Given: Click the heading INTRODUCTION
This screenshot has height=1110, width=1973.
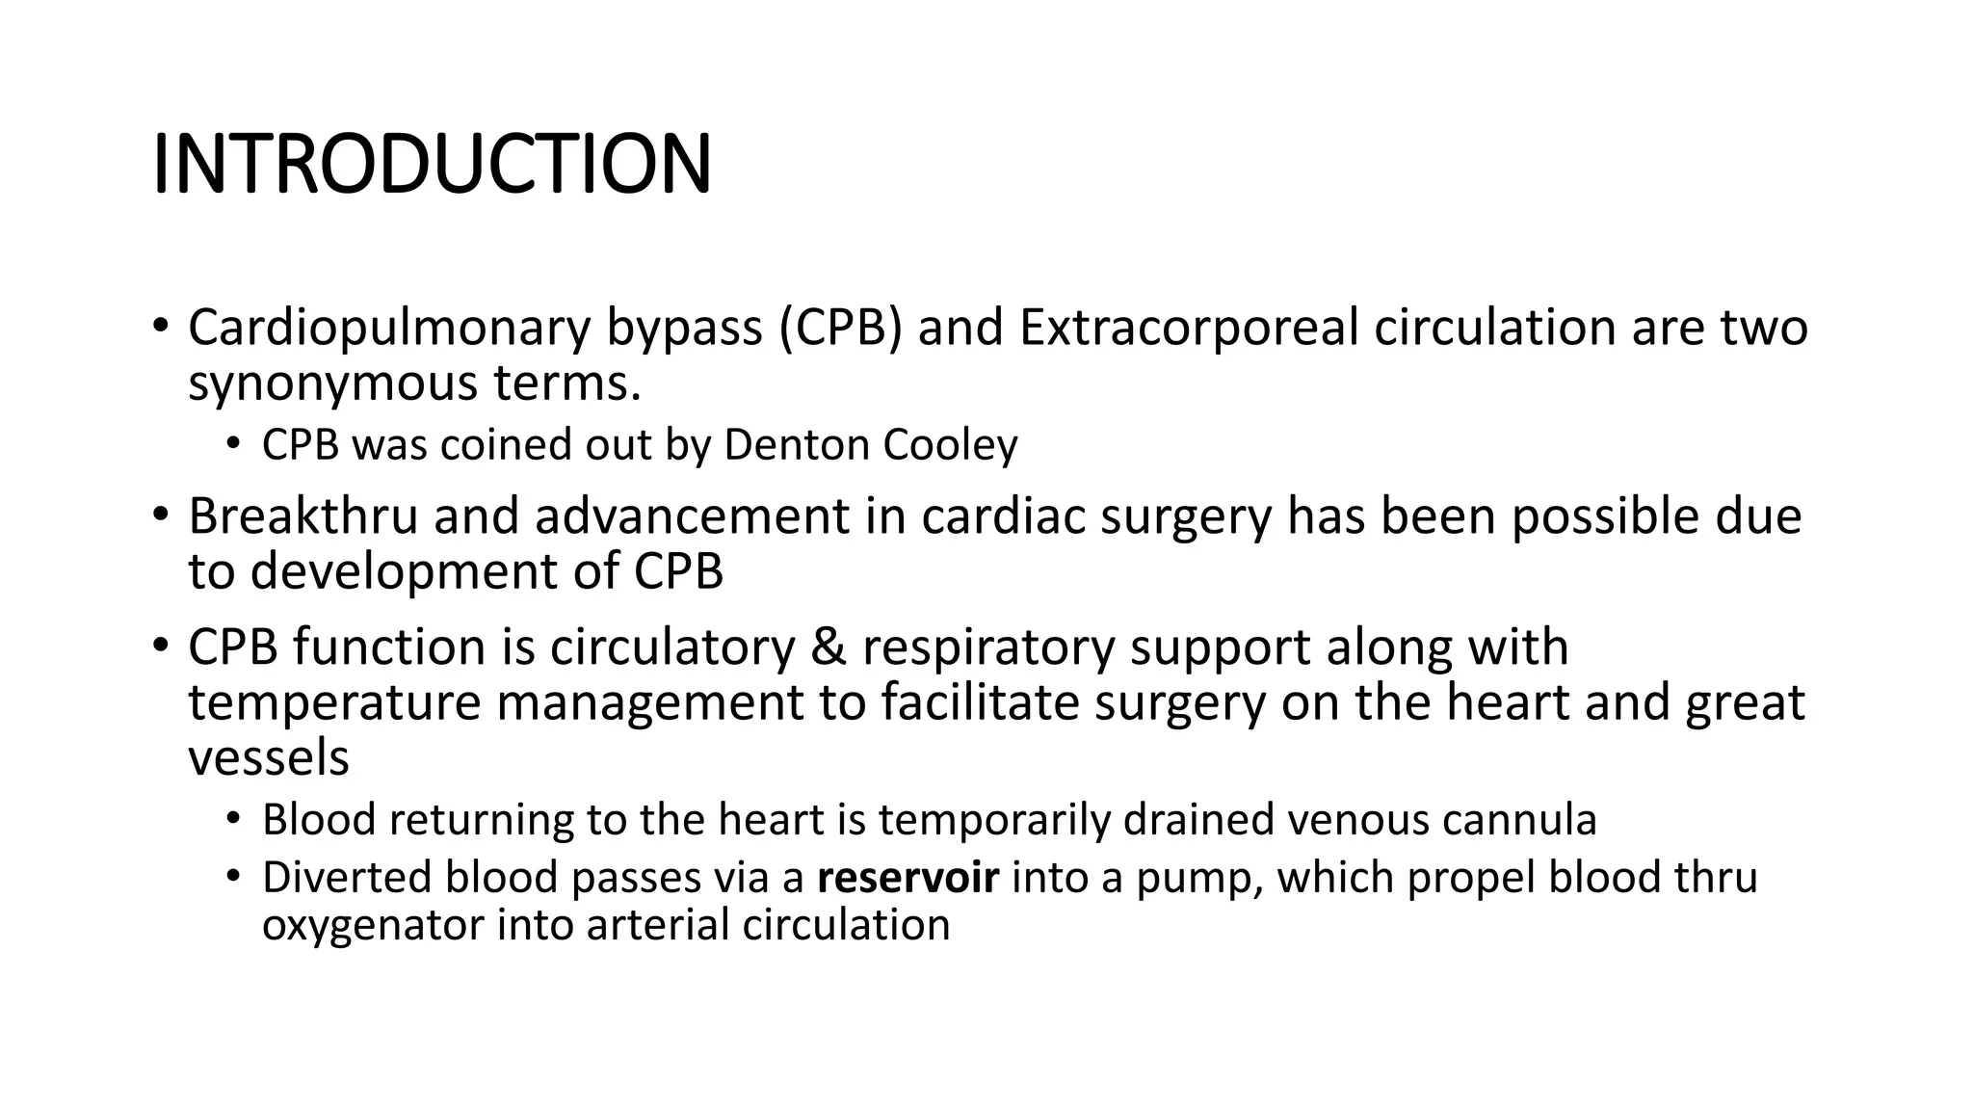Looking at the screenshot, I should click(432, 164).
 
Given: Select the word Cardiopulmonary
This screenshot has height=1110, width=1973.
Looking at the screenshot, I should click(388, 328).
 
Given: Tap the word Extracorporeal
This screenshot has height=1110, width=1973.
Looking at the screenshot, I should click(1188, 328).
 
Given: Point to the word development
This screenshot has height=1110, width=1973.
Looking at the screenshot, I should click(402, 571).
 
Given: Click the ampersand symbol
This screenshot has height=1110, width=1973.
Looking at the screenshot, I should click(828, 647).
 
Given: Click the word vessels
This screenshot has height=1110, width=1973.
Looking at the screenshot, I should click(268, 757).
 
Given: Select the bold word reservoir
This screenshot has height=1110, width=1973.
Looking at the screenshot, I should click(908, 878).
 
